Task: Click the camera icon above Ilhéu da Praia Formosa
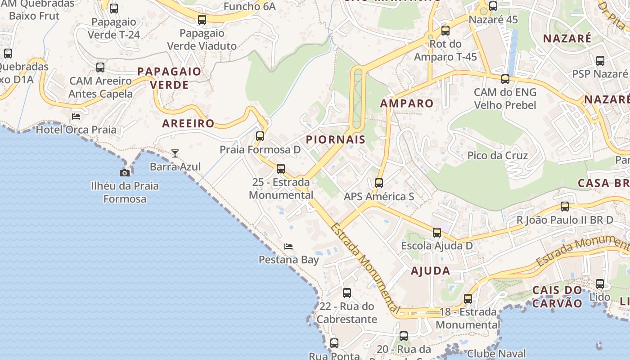coord(125,173)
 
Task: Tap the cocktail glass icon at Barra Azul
coord(175,153)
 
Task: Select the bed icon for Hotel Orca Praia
coord(76,116)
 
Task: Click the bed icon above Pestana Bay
coord(288,246)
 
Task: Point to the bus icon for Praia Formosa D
coord(260,136)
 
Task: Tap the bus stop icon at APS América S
coord(379,183)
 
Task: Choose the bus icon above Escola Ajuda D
coord(437,233)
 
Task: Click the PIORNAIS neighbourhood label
coord(336,139)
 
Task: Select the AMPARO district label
coord(407,103)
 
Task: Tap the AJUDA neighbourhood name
coord(431,271)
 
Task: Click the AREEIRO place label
coord(189,124)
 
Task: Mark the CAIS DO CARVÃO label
coord(558,296)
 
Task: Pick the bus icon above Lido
coord(600,284)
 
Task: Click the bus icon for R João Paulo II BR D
coord(565,207)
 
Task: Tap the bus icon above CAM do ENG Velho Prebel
coord(505,79)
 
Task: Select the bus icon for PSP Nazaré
coord(600,61)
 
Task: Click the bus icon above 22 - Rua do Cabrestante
coord(347,293)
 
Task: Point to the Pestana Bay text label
coord(288,260)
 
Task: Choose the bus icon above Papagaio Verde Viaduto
coord(202,20)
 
